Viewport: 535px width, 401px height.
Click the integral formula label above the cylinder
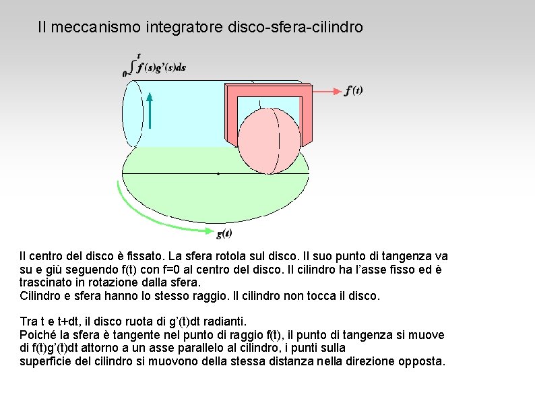tap(156, 66)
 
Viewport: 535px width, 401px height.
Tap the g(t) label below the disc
tap(224, 234)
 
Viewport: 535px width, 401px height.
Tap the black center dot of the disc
tap(218, 174)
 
